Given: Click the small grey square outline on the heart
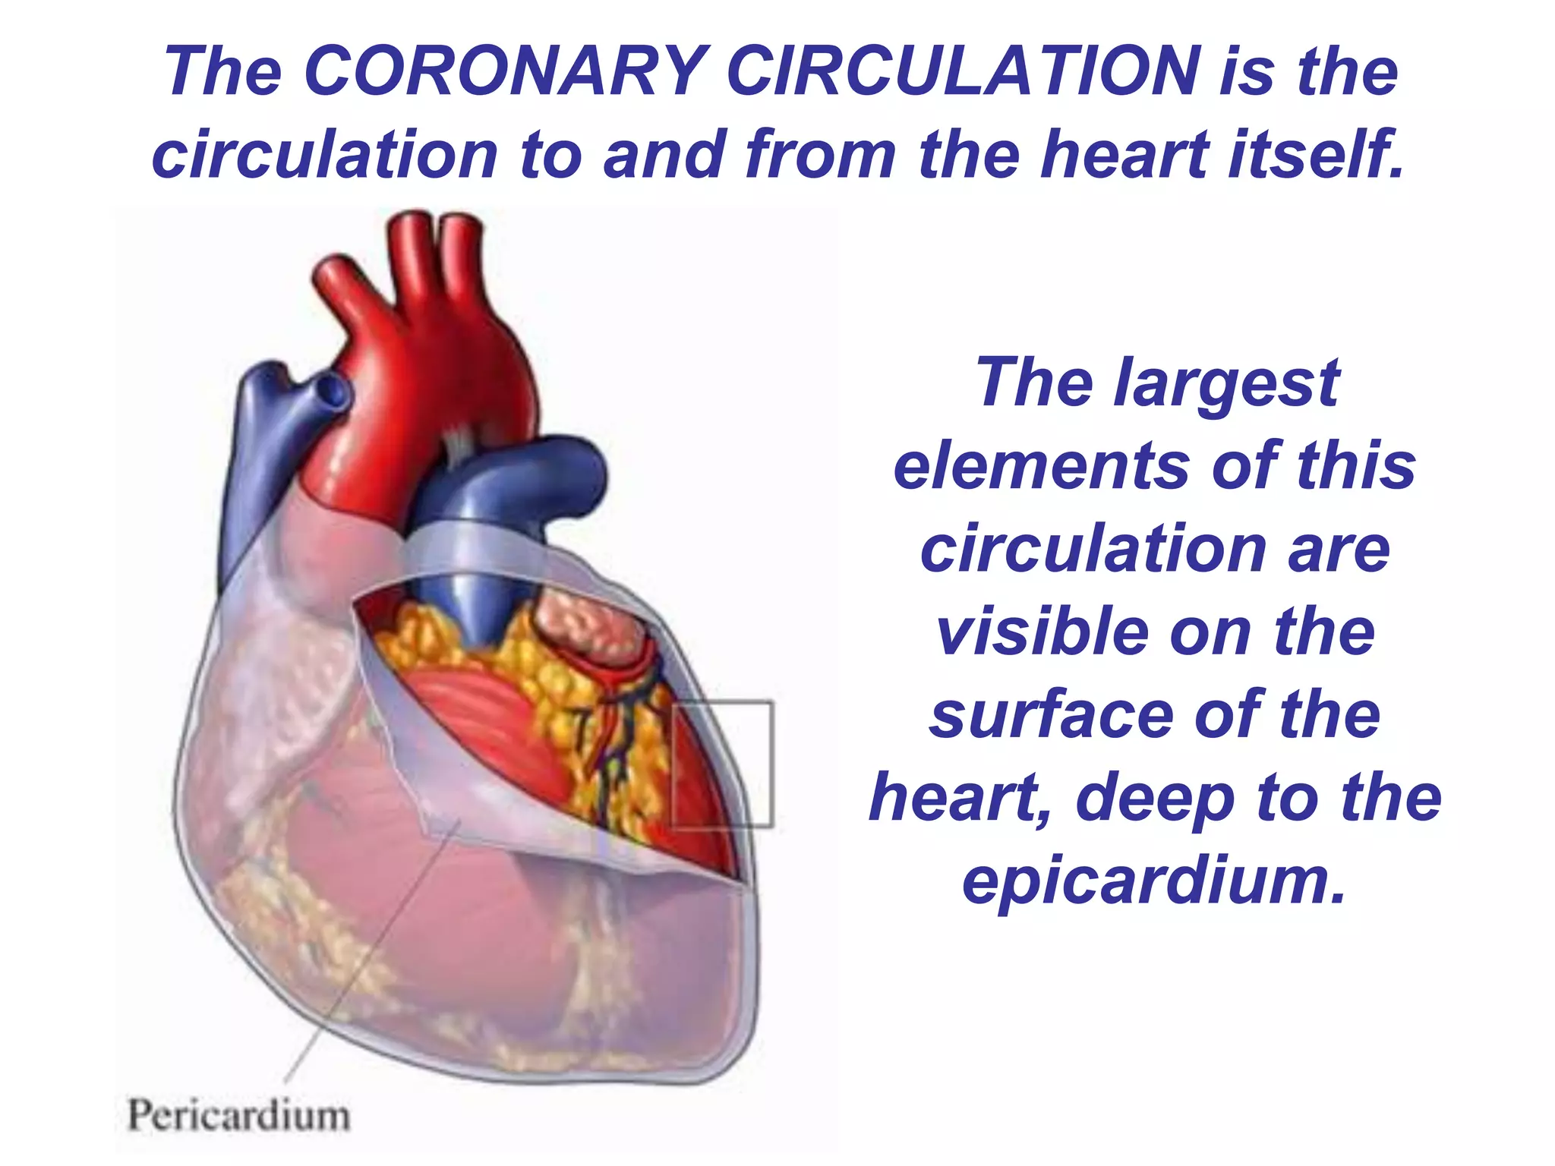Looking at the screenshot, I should pos(722,763).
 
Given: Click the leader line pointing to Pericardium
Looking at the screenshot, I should pos(372,949).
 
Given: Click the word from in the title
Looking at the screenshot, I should pos(821,156).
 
